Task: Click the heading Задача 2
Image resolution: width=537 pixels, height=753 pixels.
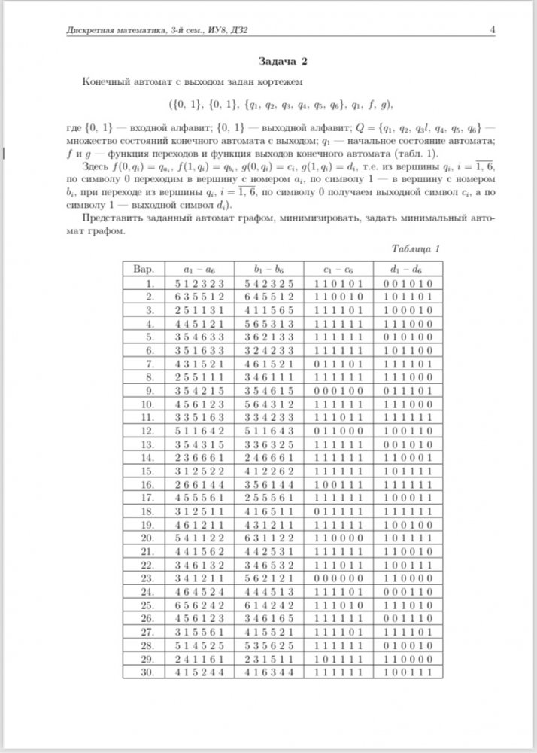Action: tap(282, 59)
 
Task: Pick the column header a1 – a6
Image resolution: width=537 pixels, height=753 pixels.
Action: tap(197, 268)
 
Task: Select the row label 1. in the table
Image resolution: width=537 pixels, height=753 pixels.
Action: tap(149, 283)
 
